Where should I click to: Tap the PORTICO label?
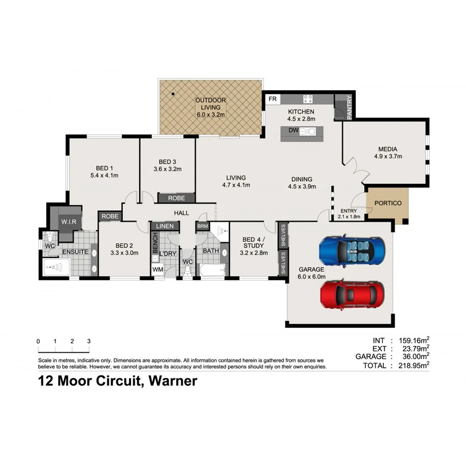[388, 203]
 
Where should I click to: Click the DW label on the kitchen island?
[293, 130]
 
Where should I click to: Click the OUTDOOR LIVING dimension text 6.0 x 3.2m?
[210, 115]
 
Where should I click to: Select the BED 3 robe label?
[176, 198]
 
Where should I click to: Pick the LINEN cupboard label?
[165, 226]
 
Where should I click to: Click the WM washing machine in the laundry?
[157, 269]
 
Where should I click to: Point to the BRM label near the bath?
[201, 226]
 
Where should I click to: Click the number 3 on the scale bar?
[89, 342]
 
